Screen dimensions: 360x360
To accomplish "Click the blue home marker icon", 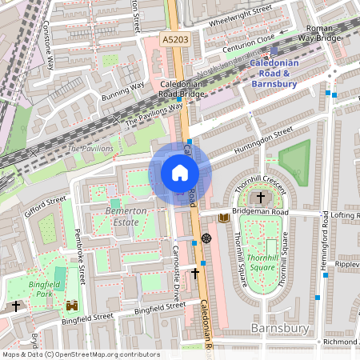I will [180, 173].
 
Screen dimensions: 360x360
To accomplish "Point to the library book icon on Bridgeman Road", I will [224, 218].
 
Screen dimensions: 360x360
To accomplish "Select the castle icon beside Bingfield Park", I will [73, 306].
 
